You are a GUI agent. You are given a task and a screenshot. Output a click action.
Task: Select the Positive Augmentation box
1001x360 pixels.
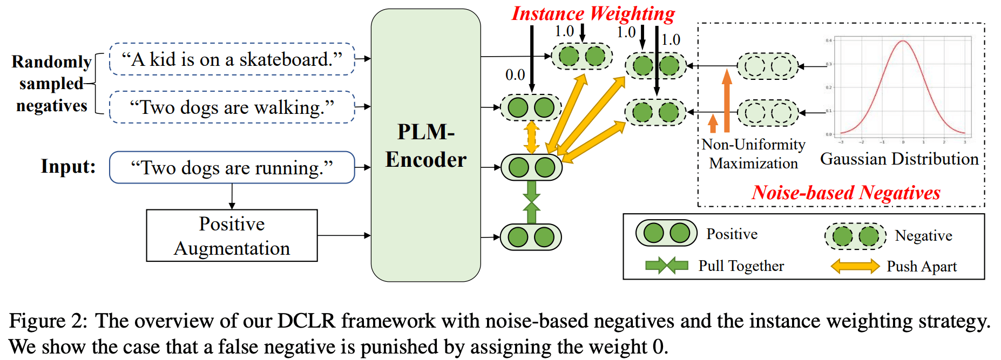pos(232,236)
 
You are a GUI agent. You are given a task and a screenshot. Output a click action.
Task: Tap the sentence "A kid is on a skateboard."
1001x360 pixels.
pos(232,59)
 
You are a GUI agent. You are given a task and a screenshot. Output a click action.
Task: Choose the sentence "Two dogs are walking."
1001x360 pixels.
pos(232,107)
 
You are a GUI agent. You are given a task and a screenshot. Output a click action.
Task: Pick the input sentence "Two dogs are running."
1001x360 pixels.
pos(232,168)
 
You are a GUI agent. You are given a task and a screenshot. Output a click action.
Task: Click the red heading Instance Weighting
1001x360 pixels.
pos(593,13)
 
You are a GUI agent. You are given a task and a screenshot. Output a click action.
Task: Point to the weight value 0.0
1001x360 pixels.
pos(515,75)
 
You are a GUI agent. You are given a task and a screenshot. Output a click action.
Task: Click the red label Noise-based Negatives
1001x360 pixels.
pos(846,193)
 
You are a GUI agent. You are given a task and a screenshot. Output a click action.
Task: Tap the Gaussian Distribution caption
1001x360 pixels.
pos(899,159)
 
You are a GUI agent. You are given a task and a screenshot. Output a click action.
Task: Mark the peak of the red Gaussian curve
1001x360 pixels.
pos(903,41)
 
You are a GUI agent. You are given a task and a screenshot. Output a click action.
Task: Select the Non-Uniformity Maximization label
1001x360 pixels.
pos(753,154)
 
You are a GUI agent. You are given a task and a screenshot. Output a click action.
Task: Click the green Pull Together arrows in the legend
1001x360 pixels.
pos(666,266)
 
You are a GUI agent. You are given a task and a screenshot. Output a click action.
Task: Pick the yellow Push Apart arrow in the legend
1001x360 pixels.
pos(855,266)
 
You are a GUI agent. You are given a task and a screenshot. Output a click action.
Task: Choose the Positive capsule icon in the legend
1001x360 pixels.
pos(666,233)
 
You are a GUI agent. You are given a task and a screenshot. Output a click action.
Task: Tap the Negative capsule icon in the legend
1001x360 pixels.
pos(855,236)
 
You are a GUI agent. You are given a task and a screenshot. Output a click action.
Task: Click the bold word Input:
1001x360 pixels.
pos(68,166)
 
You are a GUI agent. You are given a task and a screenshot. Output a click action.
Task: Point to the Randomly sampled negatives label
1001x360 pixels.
pos(51,84)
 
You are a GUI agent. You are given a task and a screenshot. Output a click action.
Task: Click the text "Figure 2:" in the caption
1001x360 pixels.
pos(48,321)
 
